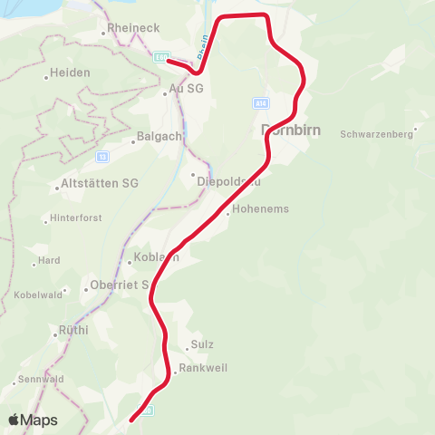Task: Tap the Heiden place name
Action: click(x=71, y=72)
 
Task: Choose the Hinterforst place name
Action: click(x=76, y=218)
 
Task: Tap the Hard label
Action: click(x=49, y=260)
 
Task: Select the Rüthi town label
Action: click(x=73, y=331)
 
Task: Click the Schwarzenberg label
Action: click(x=376, y=134)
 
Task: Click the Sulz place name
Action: click(x=202, y=345)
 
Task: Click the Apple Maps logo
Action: click(x=33, y=420)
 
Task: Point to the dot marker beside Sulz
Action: click(x=185, y=346)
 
